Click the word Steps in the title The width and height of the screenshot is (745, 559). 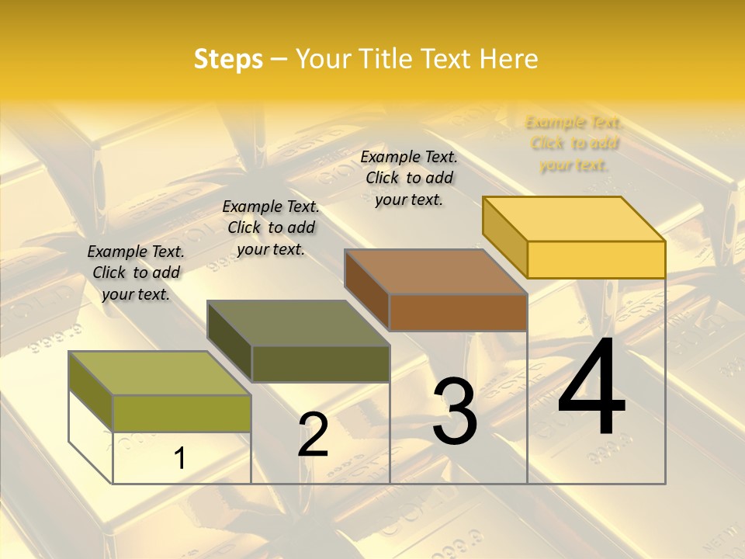pos(228,59)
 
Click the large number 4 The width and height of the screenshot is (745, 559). pos(591,388)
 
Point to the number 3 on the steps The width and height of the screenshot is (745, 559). pos(455,411)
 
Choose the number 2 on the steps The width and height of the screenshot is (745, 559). pos(314,435)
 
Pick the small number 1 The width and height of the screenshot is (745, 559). pos(179,459)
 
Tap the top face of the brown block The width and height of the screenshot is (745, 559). pos(436,272)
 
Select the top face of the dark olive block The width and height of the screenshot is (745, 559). pos(298,323)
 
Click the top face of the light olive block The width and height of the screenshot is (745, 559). pos(160,373)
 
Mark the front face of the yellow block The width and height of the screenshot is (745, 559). pos(596,259)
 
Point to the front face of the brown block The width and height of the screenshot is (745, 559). pos(458,312)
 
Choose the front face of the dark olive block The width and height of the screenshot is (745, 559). pos(321,363)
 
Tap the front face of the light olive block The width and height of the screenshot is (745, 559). pos(182,413)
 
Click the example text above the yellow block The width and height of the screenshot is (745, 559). pos(573,144)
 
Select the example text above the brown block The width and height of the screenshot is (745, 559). pos(409,178)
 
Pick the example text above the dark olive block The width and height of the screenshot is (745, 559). pos(271,227)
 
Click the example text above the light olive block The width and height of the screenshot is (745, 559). pos(136,273)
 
